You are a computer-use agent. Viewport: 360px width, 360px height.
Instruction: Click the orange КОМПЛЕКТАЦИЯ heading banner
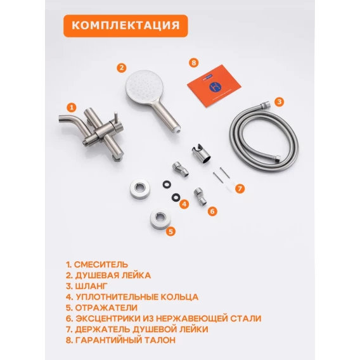click(125, 26)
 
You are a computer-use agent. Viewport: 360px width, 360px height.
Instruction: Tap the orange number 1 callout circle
click(72, 107)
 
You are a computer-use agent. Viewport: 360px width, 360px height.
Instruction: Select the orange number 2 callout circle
click(122, 68)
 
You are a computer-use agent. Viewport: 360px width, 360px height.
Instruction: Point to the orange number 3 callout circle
click(279, 101)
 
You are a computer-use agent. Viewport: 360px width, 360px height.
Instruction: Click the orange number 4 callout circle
click(184, 204)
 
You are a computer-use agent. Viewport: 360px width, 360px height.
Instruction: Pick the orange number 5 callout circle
click(171, 231)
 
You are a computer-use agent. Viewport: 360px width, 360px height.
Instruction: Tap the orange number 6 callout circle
click(212, 211)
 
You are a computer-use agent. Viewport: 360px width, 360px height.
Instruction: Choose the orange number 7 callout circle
click(240, 189)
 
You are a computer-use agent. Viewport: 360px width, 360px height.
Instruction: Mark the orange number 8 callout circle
click(194, 63)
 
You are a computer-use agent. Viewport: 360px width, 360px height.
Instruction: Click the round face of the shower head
click(145, 87)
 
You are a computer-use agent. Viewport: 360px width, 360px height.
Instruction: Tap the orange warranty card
click(214, 86)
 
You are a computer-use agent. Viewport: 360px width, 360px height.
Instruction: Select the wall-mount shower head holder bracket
click(201, 153)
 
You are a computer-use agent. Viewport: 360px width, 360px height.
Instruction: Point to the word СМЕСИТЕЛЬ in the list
click(101, 264)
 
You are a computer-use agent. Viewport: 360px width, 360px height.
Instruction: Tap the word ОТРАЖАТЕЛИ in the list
click(106, 307)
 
